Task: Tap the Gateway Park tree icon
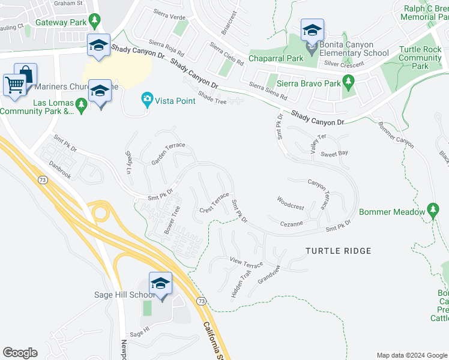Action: [x=95, y=22]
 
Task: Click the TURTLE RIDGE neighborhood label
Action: [x=338, y=251]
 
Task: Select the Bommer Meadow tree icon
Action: [x=433, y=209]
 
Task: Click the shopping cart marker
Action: [x=16, y=84]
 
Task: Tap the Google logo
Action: [x=20, y=353]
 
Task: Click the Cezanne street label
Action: [x=293, y=223]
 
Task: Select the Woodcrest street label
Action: [x=291, y=203]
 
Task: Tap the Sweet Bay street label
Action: [x=334, y=154]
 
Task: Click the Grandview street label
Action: [x=268, y=274]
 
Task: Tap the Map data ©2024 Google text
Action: [x=412, y=355]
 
